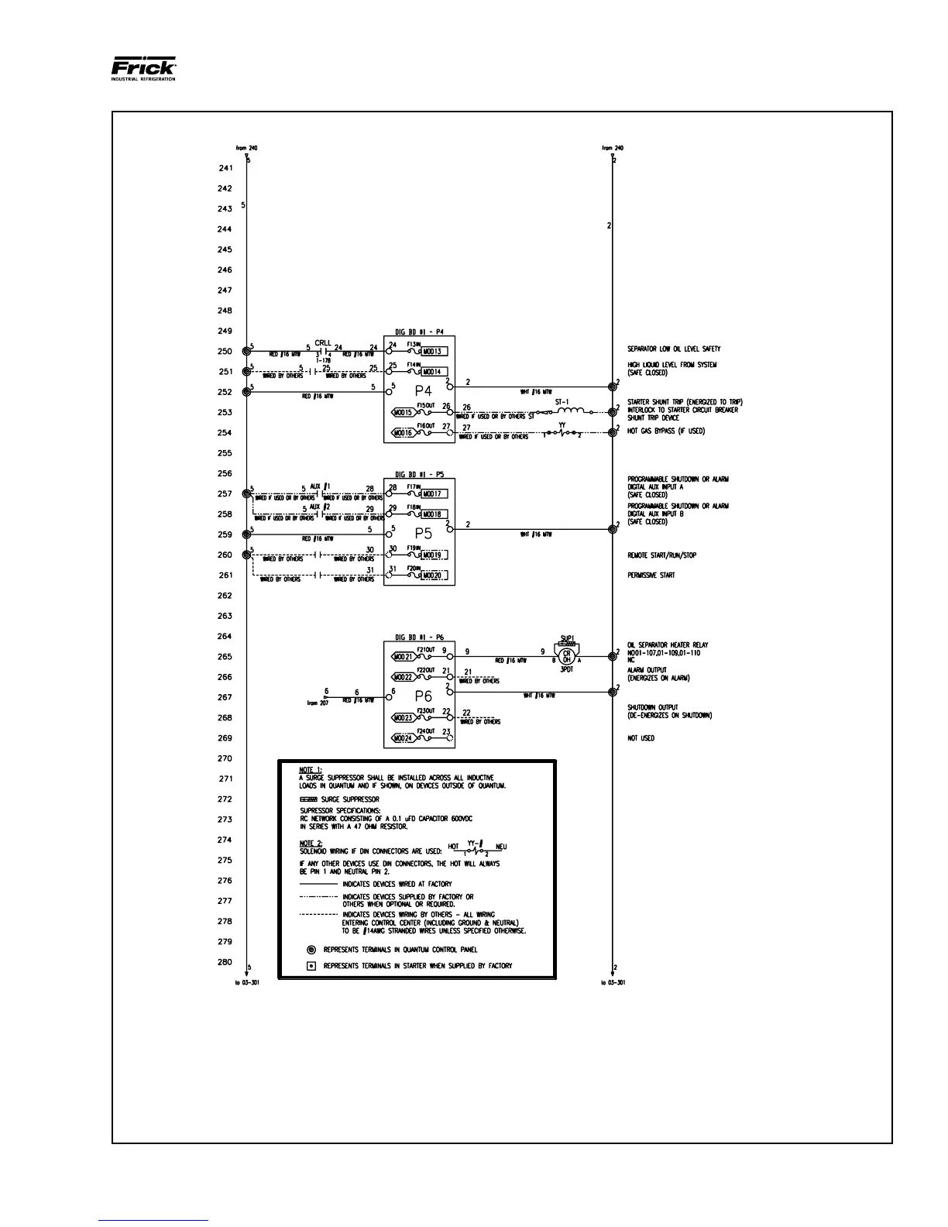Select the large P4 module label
pyautogui.click(x=423, y=391)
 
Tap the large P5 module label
pyautogui.click(x=423, y=534)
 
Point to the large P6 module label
pyautogui.click(x=423, y=696)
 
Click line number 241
pyautogui.click(x=225, y=168)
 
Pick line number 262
pyautogui.click(x=225, y=596)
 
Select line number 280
pyautogui.click(x=225, y=962)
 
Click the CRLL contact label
pyautogui.click(x=323, y=343)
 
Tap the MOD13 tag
pyautogui.click(x=432, y=352)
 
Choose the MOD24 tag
pyautogui.click(x=402, y=738)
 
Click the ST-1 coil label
pyautogui.click(x=562, y=402)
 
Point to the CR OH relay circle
pyautogui.click(x=567, y=656)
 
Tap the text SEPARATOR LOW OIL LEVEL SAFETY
pyautogui.click(x=674, y=349)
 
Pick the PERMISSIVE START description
pyautogui.click(x=651, y=576)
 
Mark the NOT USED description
pyautogui.click(x=641, y=738)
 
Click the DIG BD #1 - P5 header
pyautogui.click(x=419, y=474)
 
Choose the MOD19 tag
pyautogui.click(x=432, y=555)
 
